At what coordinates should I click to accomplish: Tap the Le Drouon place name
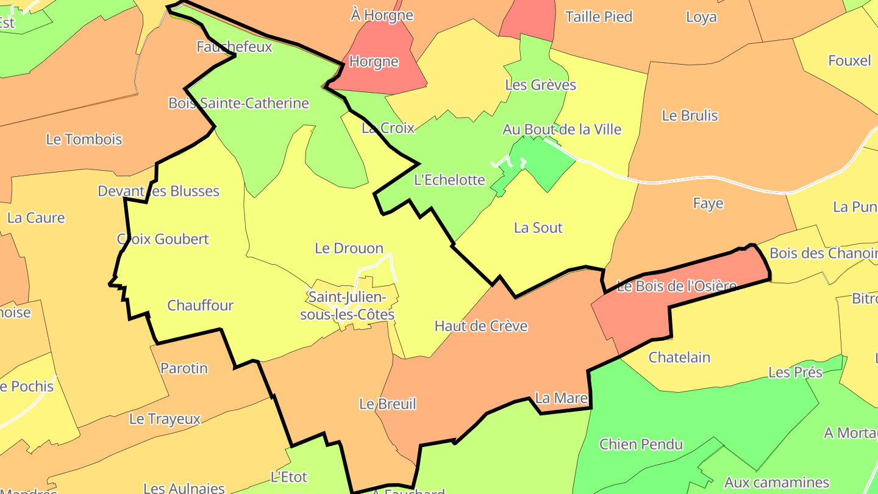point(349,248)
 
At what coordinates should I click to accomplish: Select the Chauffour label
point(200,306)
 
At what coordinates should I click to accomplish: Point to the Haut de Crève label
point(481,326)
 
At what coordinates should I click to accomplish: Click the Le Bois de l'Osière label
point(677,285)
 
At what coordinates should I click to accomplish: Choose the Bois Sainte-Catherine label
point(238,103)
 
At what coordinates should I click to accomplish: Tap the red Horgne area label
point(374,62)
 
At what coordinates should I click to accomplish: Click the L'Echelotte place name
point(449,180)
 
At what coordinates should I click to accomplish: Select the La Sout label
point(538,228)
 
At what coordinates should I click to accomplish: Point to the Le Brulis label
point(690,116)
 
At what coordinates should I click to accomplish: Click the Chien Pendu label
point(641,444)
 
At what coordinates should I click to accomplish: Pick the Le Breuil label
point(387,404)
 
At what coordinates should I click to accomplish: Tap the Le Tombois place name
point(84,139)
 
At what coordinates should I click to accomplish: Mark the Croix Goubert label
point(163,239)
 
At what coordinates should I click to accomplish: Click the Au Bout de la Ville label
point(562,129)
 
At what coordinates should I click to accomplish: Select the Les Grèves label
point(540,85)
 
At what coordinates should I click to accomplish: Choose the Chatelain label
point(679,357)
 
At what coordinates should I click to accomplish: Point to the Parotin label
point(184,368)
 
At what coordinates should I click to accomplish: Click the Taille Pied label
point(599,16)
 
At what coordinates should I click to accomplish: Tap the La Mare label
point(561,398)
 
